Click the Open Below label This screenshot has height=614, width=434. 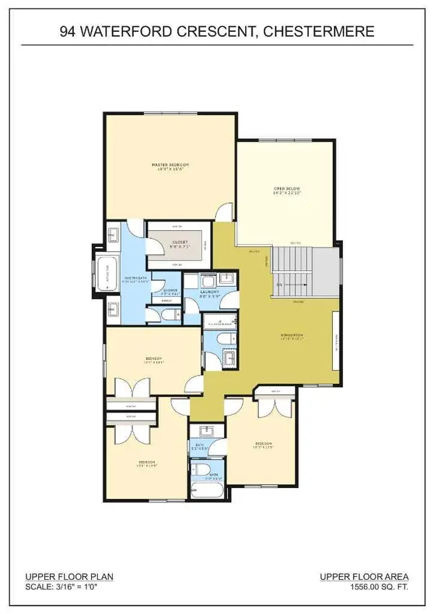click(286, 190)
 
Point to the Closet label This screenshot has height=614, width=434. click(180, 242)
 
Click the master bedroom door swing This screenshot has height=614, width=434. click(226, 211)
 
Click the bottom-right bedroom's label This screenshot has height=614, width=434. click(262, 444)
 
